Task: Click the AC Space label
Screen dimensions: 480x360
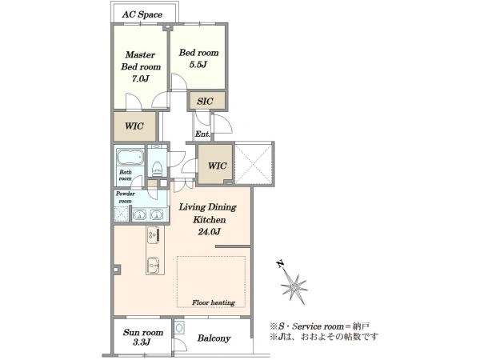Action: point(142,14)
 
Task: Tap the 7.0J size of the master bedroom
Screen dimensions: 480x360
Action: point(141,78)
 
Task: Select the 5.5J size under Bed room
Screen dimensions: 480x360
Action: point(198,64)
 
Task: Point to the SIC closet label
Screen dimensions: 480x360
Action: point(205,101)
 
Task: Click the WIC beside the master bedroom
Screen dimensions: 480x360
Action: point(134,126)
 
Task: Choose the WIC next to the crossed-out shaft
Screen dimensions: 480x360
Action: point(218,166)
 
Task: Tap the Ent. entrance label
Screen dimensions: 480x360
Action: point(202,134)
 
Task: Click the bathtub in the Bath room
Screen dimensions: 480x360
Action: point(130,157)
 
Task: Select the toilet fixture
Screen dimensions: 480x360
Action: point(157,168)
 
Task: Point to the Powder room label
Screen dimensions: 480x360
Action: point(126,198)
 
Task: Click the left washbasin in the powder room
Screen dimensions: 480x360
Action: point(139,214)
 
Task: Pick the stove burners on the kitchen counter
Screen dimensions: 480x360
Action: point(153,234)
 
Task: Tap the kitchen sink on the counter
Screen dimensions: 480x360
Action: point(153,265)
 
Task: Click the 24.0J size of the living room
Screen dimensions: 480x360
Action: point(209,232)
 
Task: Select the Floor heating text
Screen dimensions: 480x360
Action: point(214,302)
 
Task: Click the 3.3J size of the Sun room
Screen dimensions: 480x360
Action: point(142,342)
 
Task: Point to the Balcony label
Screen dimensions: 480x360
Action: point(214,338)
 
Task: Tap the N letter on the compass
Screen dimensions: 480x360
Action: point(280,263)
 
